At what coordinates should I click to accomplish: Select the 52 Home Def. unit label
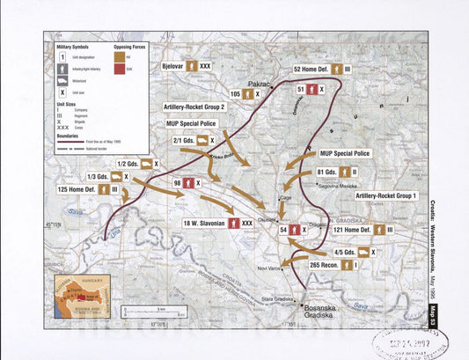pos(311,68)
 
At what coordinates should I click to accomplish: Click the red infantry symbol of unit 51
pos(312,90)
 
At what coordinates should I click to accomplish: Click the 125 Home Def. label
pos(76,188)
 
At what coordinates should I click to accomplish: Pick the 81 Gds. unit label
pos(327,173)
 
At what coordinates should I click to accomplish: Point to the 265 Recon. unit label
pos(326,264)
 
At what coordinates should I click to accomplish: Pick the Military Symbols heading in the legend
pos(75,44)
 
